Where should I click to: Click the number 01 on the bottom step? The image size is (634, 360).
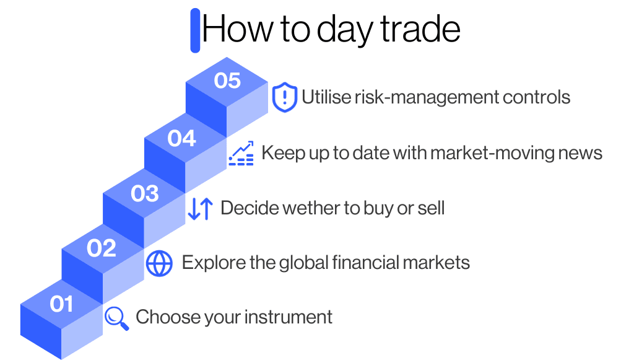61,304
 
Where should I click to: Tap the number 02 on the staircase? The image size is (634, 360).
102,248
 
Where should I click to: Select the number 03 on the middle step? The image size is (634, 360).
144,194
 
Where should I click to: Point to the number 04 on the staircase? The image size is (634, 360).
181,138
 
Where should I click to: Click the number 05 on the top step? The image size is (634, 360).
227,81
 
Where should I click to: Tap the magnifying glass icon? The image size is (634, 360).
116,318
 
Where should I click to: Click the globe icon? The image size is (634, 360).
159,263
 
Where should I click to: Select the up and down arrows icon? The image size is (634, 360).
200,209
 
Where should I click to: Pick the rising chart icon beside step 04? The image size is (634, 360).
241,154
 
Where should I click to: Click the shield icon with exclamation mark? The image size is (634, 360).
284,98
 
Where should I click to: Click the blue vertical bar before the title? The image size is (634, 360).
195,30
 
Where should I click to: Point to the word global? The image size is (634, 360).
299,263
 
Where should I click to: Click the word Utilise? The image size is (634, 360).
326,97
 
